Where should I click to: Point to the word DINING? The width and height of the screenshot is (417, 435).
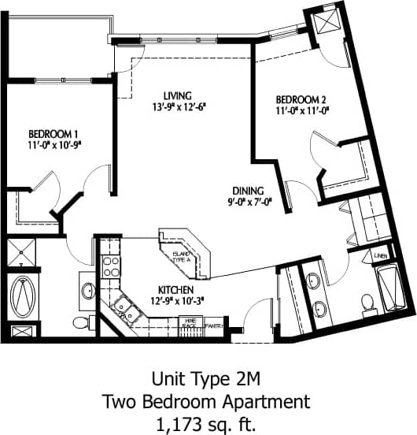(x=248, y=190)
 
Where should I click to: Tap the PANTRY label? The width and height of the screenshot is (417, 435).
(x=214, y=324)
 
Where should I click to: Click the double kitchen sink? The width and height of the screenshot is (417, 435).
(x=125, y=309)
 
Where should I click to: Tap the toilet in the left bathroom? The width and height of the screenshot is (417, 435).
(x=81, y=321)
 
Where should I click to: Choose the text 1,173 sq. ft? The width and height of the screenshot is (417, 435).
(x=208, y=422)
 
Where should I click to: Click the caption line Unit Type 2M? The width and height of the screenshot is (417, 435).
(x=208, y=378)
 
